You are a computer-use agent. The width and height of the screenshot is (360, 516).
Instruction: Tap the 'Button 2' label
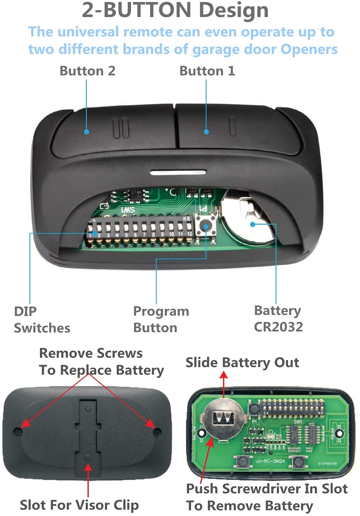pos(87,71)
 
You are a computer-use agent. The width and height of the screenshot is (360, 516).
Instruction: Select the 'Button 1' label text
pos(207,71)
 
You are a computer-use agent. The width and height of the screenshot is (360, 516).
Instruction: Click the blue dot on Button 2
pos(87,132)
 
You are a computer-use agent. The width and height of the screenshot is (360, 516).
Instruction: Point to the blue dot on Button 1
pos(206,132)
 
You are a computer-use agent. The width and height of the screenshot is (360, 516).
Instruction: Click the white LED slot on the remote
pos(178,172)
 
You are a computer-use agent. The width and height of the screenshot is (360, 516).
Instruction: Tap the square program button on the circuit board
pos(206,226)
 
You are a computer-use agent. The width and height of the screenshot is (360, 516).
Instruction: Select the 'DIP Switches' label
pos(42,319)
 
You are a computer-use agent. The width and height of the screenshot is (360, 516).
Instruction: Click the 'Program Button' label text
pos(161,319)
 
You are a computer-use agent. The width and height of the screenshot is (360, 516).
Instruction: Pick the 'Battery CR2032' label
pos(278,319)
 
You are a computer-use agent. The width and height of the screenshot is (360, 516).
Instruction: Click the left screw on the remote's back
pos(17,432)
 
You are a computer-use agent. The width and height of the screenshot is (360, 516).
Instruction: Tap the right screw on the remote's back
pos(157,432)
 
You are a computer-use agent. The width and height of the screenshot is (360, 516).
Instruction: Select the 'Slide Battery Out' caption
pos(242,362)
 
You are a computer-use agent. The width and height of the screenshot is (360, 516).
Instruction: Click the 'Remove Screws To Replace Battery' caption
pos(101,362)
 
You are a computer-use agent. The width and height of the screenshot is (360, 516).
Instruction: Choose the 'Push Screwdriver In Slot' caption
pos(267,489)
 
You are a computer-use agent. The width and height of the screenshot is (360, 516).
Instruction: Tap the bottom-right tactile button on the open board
pos(298,462)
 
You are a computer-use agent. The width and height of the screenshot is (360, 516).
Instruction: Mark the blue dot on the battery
pos(253,224)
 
